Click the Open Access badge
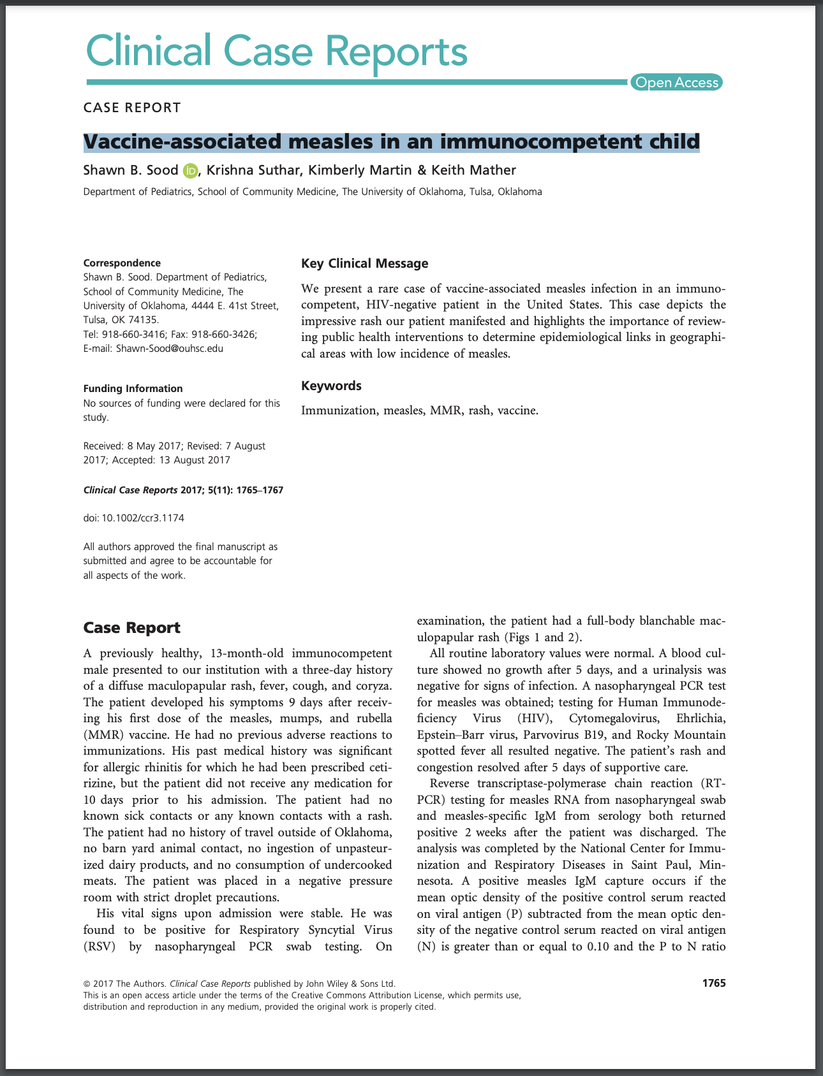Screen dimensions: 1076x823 point(676,82)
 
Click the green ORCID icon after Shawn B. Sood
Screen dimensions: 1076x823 point(190,170)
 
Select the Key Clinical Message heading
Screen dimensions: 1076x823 point(364,263)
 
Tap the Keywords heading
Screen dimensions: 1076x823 point(331,386)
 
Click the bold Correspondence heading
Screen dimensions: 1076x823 point(122,263)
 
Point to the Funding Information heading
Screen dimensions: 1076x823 point(133,388)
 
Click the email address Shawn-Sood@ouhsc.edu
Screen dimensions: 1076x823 point(170,349)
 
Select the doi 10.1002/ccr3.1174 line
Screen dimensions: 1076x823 point(134,518)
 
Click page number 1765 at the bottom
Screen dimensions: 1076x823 point(714,983)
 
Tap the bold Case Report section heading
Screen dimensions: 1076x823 point(131,628)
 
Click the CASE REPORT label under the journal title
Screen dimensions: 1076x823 point(132,107)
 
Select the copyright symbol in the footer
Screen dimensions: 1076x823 point(87,984)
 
